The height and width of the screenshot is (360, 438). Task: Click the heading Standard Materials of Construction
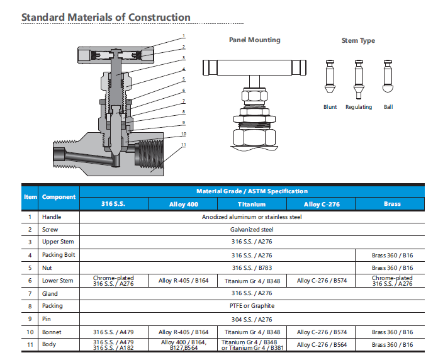(x=106, y=17)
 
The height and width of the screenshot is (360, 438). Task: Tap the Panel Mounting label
(x=254, y=40)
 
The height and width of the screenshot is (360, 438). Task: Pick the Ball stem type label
(x=388, y=107)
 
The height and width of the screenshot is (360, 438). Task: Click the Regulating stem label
(x=359, y=107)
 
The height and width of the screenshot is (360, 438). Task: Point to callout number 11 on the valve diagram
(x=184, y=145)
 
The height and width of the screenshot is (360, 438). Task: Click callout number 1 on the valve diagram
(x=184, y=35)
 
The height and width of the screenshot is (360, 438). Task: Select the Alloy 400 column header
(x=183, y=204)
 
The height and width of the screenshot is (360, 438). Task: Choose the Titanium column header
(x=252, y=204)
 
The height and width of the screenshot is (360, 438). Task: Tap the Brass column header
(x=391, y=204)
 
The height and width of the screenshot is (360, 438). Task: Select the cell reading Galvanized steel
(x=252, y=229)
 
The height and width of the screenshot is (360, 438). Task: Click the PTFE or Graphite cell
(x=252, y=306)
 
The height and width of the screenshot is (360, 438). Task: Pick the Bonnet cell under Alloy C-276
(x=321, y=332)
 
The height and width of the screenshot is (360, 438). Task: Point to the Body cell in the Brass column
(x=392, y=344)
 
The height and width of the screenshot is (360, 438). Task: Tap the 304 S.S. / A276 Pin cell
(x=252, y=318)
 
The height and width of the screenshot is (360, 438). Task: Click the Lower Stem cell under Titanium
(x=252, y=280)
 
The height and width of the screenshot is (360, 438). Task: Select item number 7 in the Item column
(x=30, y=293)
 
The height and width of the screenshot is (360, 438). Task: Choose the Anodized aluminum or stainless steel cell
(x=252, y=217)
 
